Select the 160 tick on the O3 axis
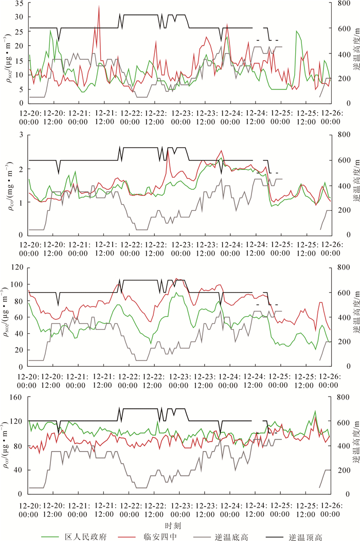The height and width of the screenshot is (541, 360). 16,398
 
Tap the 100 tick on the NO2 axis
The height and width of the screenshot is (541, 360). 16,284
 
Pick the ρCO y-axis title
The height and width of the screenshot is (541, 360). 6,184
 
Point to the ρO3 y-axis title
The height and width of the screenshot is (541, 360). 6,445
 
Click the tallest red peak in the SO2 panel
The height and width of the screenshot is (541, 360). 99,6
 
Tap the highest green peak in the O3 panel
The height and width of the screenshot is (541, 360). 315,411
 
